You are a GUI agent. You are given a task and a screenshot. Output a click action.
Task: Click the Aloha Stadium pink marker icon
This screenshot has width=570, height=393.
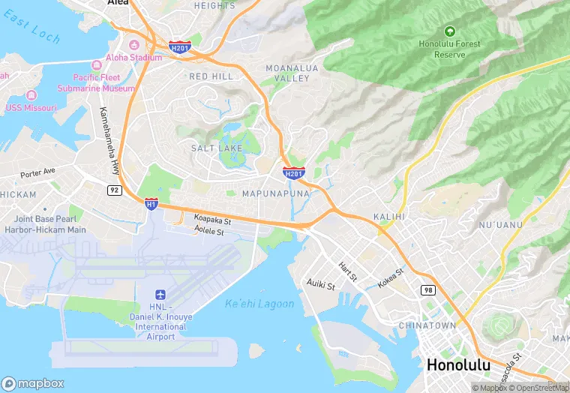pos(134,46)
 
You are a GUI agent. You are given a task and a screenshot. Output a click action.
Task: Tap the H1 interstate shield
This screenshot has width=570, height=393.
pos(151,203)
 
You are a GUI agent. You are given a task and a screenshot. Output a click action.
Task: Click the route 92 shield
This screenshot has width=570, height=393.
pos(114,190)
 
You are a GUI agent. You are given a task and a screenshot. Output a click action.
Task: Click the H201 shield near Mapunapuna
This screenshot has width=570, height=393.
pos(294,174)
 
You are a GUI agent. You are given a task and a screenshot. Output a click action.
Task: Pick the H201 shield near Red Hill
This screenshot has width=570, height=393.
pos(179,46)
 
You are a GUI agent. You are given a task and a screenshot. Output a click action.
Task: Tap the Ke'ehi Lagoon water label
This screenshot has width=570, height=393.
pos(259,304)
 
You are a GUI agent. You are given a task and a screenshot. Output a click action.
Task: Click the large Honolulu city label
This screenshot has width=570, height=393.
pos(458,365)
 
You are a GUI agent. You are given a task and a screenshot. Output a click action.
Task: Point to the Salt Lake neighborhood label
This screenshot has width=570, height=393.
pos(216,148)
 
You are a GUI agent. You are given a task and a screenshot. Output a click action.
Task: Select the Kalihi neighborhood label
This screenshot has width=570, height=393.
pos(388,217)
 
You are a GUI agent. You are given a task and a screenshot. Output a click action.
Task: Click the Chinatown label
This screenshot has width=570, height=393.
pos(427,325)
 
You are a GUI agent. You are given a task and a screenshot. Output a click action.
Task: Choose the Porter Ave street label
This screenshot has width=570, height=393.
pos(38,172)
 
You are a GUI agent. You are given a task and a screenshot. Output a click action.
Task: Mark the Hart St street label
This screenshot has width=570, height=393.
pos(347,271)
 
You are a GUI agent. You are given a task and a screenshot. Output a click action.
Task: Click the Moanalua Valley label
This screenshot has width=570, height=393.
pos(287,73)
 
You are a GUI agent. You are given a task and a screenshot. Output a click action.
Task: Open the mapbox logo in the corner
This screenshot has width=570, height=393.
pos(33,382)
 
